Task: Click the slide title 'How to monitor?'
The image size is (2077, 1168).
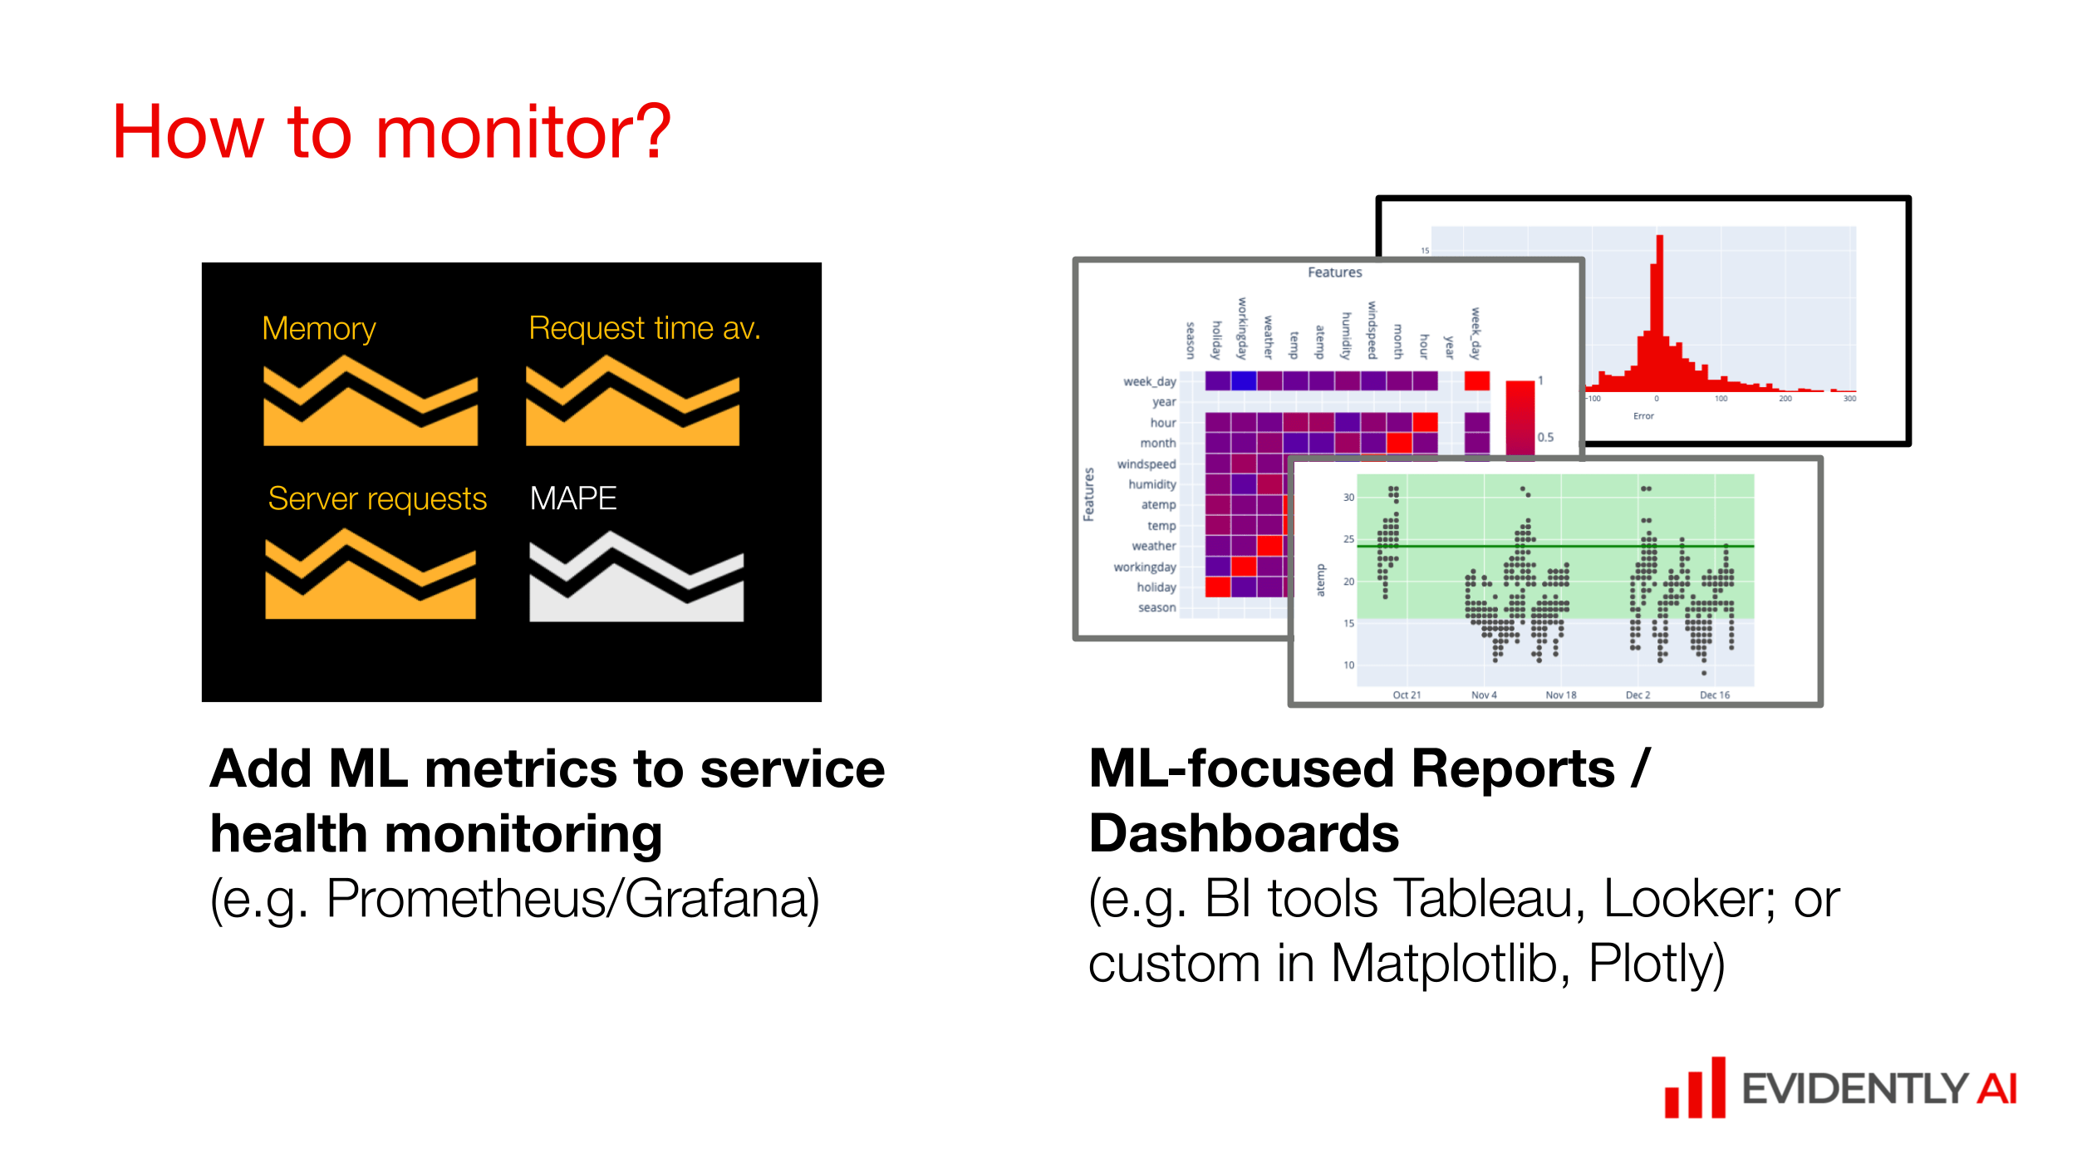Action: pyautogui.click(x=391, y=133)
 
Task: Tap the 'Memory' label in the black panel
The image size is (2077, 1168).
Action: pyautogui.click(x=318, y=329)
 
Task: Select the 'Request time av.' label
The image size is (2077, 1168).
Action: pyautogui.click(x=644, y=328)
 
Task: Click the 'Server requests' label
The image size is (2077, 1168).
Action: pyautogui.click(x=377, y=499)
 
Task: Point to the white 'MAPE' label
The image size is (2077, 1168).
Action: pyautogui.click(x=573, y=498)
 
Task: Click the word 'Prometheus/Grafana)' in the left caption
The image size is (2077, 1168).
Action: pyautogui.click(x=572, y=899)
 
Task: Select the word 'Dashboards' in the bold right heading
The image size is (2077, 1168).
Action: pyautogui.click(x=1244, y=833)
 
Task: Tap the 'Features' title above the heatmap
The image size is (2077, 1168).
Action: pyautogui.click(x=1334, y=272)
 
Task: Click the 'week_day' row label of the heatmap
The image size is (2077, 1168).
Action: pyautogui.click(x=1149, y=381)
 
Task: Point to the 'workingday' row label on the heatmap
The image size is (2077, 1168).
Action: pyautogui.click(x=1144, y=567)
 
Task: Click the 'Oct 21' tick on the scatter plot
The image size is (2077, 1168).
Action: pyautogui.click(x=1407, y=695)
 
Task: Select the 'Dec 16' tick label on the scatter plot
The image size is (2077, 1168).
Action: pyautogui.click(x=1714, y=695)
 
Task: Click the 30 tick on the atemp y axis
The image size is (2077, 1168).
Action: pyautogui.click(x=1348, y=498)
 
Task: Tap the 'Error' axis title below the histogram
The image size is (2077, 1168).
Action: pyautogui.click(x=1643, y=416)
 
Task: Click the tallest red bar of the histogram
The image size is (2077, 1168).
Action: pyautogui.click(x=1659, y=316)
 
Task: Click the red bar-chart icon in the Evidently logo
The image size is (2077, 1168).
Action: pyautogui.click(x=1695, y=1089)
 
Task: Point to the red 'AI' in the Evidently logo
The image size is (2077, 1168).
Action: pyautogui.click(x=1996, y=1089)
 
